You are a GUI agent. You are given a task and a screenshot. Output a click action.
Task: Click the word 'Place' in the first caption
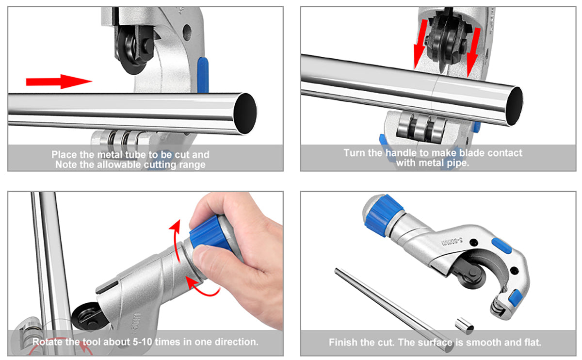[x=64, y=155]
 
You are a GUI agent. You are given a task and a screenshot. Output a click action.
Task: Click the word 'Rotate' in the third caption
[x=48, y=342]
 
